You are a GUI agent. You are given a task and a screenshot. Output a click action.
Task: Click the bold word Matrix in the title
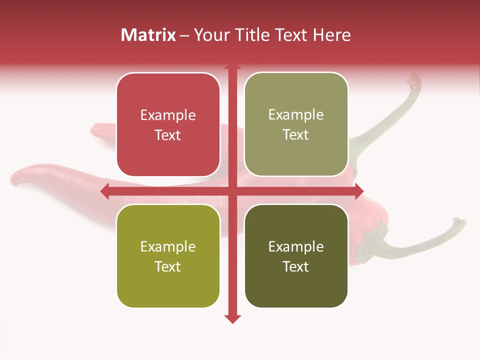pos(148,35)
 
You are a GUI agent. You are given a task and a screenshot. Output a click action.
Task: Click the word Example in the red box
pos(168,115)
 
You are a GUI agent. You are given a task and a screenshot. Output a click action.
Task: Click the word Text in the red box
pos(168,135)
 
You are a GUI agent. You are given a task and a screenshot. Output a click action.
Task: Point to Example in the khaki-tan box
pos(296,114)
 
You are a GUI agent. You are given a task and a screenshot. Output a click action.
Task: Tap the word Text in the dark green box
pos(296,266)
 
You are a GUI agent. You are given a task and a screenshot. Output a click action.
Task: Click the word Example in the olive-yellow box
pos(168,246)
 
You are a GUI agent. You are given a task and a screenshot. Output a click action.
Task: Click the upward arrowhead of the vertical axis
pos(232,65)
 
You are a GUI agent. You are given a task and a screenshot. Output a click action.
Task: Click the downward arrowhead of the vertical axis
pos(232,319)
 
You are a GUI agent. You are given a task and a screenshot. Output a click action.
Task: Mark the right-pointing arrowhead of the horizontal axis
pos(358,191)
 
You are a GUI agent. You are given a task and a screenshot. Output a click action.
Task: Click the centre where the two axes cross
pos(232,191)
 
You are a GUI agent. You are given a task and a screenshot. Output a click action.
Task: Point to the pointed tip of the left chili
pos(13,180)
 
